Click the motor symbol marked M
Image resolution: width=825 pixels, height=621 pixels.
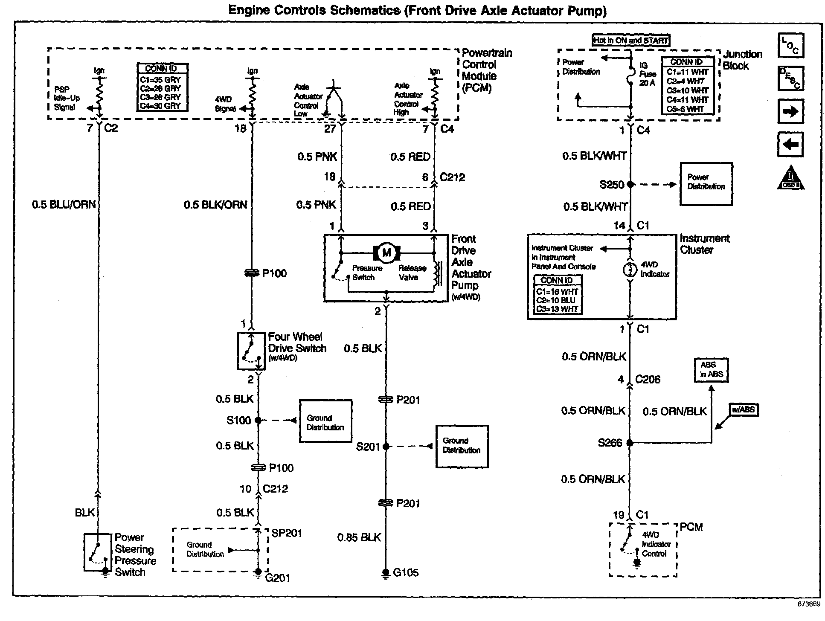pos(386,252)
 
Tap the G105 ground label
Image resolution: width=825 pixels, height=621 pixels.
pos(406,573)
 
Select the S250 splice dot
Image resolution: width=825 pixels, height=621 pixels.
pos(630,185)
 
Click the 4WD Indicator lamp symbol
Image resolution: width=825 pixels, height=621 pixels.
pos(630,270)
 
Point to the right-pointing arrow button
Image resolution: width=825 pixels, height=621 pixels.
pos(790,112)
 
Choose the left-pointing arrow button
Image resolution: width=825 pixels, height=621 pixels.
pos(790,145)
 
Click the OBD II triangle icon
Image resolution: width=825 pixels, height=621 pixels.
pos(790,178)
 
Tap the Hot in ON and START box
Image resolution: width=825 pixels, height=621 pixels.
pos(631,41)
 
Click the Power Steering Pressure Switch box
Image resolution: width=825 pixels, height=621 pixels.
pos(98,552)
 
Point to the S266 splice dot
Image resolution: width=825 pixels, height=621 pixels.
pos(630,443)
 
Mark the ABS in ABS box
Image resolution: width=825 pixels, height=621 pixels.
pos(711,370)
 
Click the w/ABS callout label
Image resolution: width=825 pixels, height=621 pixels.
pos(744,410)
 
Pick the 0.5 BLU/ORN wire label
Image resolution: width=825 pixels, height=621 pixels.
pos(64,205)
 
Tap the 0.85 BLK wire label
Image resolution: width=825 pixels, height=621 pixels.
pos(359,537)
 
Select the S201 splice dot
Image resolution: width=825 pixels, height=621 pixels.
pos(386,447)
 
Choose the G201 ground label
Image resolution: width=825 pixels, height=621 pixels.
pos(277,578)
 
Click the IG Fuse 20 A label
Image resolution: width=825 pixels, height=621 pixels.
pos(647,74)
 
